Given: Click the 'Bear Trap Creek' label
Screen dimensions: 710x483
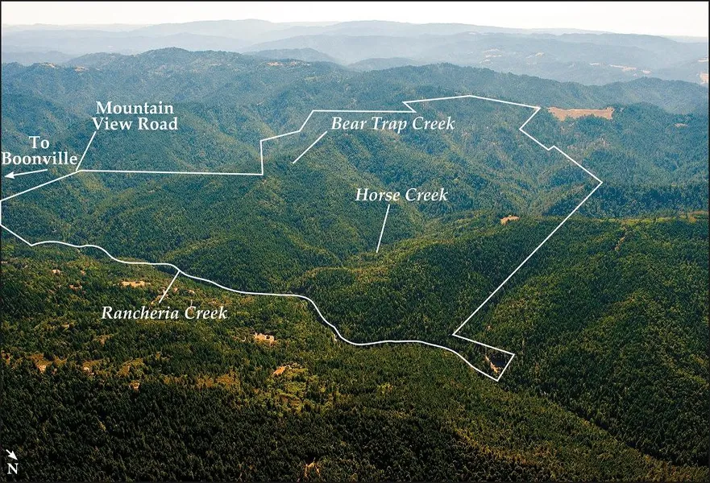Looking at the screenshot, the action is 392,123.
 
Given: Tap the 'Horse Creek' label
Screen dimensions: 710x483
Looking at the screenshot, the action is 401,195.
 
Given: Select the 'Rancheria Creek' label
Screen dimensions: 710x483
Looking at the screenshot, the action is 164,312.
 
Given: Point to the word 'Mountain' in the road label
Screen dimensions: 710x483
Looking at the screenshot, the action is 135,108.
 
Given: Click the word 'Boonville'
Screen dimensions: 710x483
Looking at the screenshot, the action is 39,159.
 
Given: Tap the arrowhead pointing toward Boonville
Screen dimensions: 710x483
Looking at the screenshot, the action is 8,175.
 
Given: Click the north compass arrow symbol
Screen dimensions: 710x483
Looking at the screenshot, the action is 10,455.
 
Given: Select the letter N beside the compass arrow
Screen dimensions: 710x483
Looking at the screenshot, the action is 13,468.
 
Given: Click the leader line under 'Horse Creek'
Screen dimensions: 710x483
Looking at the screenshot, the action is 383,229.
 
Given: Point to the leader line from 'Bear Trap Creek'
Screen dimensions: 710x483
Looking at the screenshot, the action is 309,147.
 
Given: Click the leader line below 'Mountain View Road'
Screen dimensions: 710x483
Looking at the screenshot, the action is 86,151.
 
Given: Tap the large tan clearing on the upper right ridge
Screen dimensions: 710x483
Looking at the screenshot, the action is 581,113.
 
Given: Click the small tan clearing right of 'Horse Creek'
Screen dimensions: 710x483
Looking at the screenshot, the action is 509,219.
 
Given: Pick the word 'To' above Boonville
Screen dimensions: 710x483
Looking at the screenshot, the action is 39,143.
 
